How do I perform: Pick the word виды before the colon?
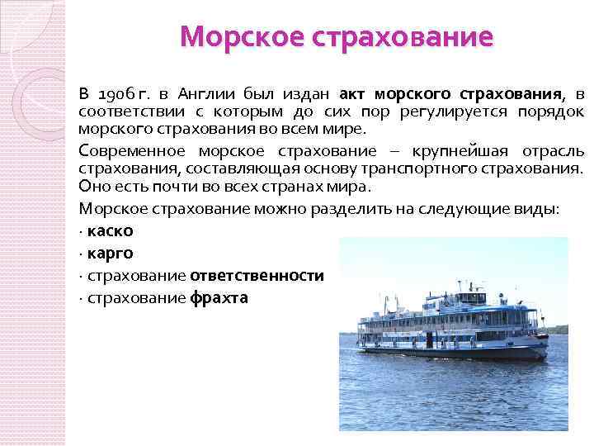point(539,209)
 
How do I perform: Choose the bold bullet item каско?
point(110,231)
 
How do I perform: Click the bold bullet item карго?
point(110,254)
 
